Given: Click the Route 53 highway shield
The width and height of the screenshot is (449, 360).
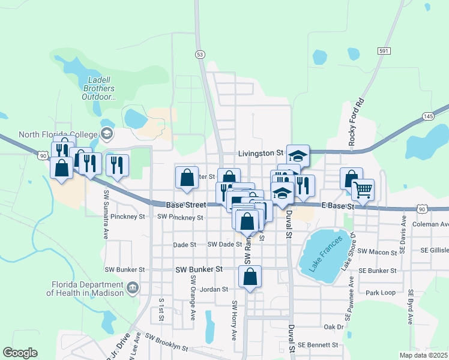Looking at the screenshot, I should pos(199,54).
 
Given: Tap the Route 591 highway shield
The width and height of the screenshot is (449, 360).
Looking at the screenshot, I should pos(384,51).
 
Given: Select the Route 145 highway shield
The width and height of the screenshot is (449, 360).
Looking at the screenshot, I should pos(428,116).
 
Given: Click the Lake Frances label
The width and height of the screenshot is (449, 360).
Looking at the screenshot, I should pos(327,253).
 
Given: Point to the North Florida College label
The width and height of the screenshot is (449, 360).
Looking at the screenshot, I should pos(58,134).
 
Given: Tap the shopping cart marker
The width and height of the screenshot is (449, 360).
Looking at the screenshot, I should pos(363,190).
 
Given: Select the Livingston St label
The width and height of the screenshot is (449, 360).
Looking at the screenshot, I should pos(261,154).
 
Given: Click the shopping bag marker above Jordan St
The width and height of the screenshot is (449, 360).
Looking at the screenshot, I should pos(250,277).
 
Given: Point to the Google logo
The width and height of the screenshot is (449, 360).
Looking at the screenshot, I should pos(20,353).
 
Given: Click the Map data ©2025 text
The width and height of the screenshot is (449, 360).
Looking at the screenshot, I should pos(423,355).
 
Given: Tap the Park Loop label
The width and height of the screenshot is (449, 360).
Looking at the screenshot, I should pos(381,293).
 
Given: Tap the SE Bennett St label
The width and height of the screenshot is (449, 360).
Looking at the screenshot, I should pos(318,346).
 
